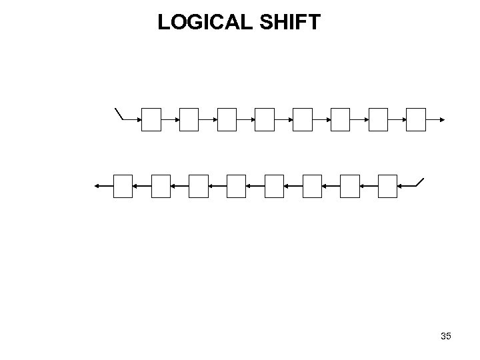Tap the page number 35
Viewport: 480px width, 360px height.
(x=446, y=336)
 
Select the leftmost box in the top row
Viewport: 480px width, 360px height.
(x=151, y=120)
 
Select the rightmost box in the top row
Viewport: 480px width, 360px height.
(x=416, y=120)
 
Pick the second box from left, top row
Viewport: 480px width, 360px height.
(x=189, y=120)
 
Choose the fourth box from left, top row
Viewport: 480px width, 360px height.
(x=265, y=120)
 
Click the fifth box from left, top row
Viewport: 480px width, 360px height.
(x=303, y=120)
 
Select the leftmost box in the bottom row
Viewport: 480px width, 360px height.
(x=123, y=186)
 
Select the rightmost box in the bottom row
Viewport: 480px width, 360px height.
(x=387, y=186)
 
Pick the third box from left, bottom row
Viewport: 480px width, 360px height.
(x=199, y=186)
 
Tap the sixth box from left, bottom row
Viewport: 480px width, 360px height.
(x=312, y=186)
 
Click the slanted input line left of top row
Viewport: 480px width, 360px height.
(x=120, y=113)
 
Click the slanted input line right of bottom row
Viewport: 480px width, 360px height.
(x=419, y=182)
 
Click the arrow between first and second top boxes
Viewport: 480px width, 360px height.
(x=171, y=120)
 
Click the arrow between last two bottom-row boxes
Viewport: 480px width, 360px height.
(x=369, y=186)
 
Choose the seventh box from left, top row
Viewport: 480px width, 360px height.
(x=378, y=120)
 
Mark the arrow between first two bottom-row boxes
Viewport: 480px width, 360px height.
(x=142, y=186)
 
